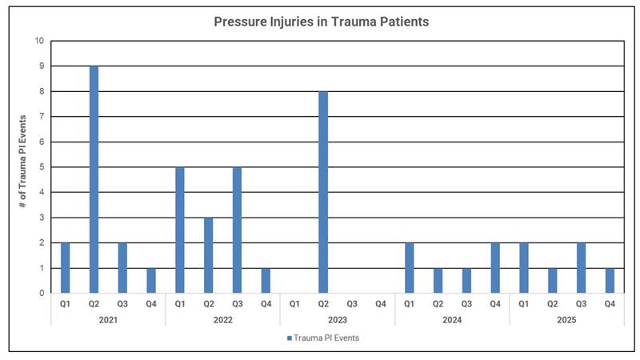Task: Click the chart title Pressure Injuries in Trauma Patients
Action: tap(321, 22)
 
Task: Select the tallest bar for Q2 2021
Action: tap(94, 179)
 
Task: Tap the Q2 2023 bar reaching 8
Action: tap(323, 192)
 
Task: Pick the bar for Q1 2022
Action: tap(180, 230)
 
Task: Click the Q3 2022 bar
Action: tap(238, 230)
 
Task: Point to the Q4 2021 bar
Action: tap(151, 281)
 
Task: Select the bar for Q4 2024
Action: tap(495, 268)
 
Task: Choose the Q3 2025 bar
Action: tap(581, 268)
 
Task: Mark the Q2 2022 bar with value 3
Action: tap(209, 255)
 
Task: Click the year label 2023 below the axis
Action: tap(337, 319)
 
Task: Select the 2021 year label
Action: tap(108, 319)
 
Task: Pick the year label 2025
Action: tap(566, 319)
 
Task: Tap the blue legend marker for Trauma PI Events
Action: tap(290, 338)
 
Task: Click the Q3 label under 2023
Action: tap(352, 304)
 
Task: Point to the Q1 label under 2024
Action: tap(409, 304)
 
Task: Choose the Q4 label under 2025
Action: tap(610, 304)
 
